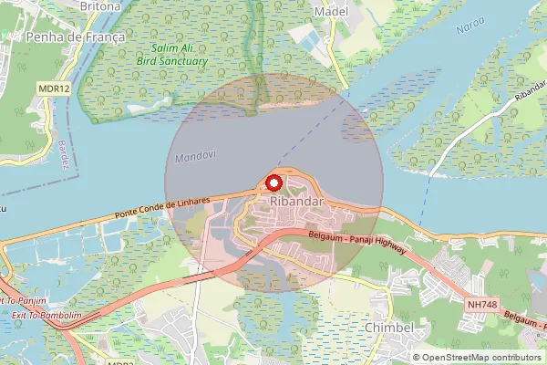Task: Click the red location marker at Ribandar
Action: (273, 182)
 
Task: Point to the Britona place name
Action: (100, 5)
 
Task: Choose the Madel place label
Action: (331, 10)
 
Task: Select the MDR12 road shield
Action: (56, 89)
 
